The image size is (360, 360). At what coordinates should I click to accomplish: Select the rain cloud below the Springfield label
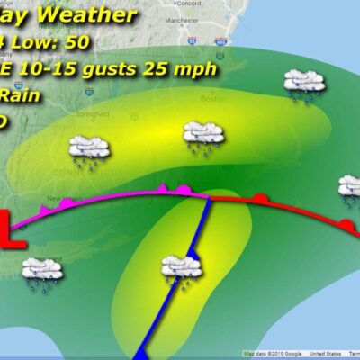pos(88,150)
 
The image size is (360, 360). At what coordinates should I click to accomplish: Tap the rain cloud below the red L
pos(40,271)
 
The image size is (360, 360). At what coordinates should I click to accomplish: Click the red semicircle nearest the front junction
pos(259,198)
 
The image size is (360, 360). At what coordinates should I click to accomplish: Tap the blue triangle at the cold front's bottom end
pos(136,350)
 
